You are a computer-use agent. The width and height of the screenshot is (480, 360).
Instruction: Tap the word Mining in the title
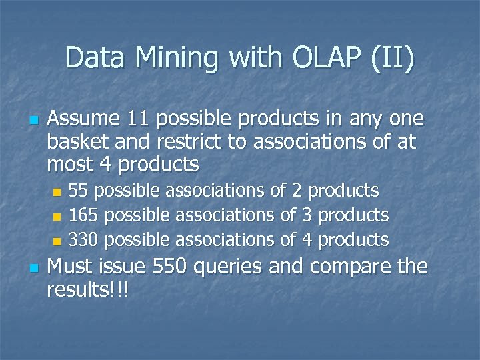pyautogui.click(x=178, y=59)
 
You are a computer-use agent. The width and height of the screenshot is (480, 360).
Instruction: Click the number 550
pyautogui.click(x=171, y=267)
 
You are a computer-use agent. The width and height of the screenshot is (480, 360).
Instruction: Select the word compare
pyautogui.click(x=347, y=268)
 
